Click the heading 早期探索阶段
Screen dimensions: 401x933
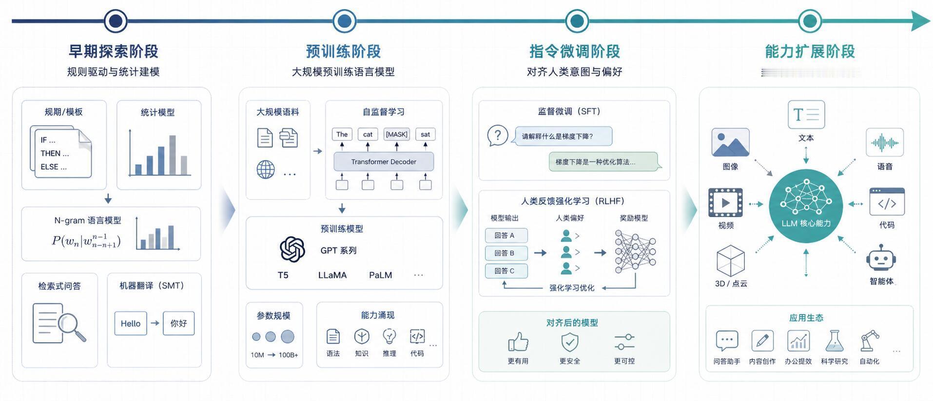pos(113,51)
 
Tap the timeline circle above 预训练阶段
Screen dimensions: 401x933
pos(344,21)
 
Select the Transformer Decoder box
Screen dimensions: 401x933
pos(383,161)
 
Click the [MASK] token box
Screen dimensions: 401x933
pos(396,134)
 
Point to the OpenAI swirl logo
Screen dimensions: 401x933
pos(292,249)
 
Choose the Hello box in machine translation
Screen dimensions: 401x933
pos(130,323)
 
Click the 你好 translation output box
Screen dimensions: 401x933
pos(178,323)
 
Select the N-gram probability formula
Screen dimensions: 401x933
pos(86,241)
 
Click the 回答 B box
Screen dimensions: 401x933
pos(505,253)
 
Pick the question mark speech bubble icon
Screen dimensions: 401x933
pos(497,135)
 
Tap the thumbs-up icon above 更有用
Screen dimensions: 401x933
pos(518,341)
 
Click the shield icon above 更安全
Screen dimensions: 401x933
pos(569,342)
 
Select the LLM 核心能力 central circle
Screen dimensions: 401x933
pos(805,206)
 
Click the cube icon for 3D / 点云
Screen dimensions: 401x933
pos(730,261)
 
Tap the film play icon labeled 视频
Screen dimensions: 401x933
pos(725,202)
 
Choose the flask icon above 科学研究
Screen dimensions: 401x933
pos(834,341)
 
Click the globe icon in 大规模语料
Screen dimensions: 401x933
pos(266,170)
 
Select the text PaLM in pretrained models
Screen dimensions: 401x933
pos(380,275)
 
